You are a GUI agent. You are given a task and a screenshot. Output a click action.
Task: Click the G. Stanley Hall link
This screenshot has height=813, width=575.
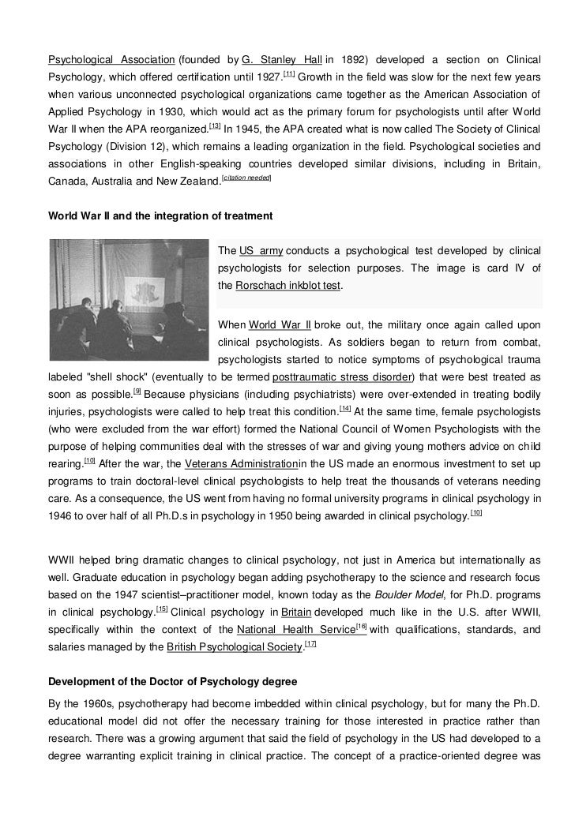[x=282, y=60]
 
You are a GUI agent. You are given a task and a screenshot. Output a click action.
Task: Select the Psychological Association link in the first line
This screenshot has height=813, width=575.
[x=111, y=60]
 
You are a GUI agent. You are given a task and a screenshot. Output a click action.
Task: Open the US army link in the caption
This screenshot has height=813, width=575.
[x=261, y=251]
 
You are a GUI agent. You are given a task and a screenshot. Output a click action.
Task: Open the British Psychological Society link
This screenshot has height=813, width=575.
[x=235, y=647]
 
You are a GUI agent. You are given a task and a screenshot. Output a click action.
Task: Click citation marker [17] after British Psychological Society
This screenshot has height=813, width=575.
[x=310, y=644]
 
